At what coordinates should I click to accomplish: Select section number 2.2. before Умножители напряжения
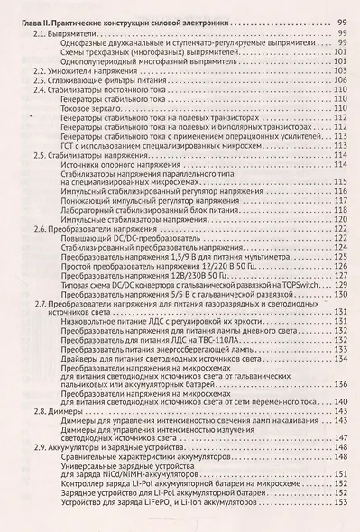pyautogui.click(x=40, y=70)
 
